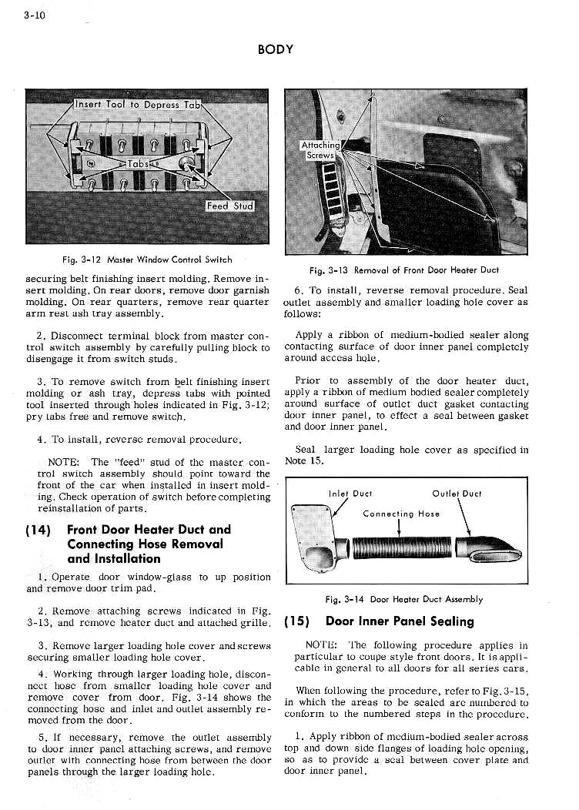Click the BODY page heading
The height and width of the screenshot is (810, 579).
click(x=276, y=49)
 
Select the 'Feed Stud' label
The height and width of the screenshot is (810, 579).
click(x=229, y=206)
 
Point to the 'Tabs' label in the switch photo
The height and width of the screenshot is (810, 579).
click(x=139, y=164)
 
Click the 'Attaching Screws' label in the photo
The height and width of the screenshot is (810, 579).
click(x=320, y=149)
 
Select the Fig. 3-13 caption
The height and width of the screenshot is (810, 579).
click(x=404, y=269)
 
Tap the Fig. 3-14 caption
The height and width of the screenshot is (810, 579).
click(x=404, y=598)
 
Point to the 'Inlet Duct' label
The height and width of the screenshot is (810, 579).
click(x=350, y=494)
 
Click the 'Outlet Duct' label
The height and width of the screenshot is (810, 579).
click(x=457, y=494)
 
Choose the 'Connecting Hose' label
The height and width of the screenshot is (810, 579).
click(x=400, y=514)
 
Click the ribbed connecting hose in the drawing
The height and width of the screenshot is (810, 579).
click(x=400, y=548)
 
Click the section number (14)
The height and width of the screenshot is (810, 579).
click(x=38, y=530)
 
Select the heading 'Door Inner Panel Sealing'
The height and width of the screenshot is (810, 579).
click(x=400, y=621)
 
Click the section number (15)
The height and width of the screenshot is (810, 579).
click(x=297, y=621)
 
